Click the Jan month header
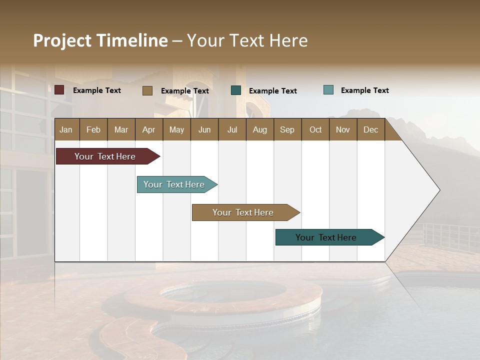pos(66,129)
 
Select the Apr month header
pos(149,129)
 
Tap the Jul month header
pos(232,129)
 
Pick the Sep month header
pos(287,129)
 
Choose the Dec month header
pos(370,129)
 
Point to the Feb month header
pos(93,129)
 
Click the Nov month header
pos(343,129)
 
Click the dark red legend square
pos(59,90)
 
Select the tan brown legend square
pos(147,90)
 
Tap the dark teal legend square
pos(236,90)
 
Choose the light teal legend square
pos(328,90)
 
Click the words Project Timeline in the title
pos(100,40)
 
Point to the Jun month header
pos(204,129)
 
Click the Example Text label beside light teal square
pos(364,90)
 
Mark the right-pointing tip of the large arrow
pos(439,190)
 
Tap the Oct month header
pos(315,129)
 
